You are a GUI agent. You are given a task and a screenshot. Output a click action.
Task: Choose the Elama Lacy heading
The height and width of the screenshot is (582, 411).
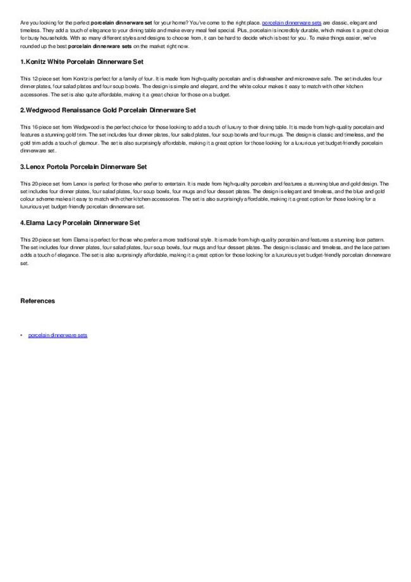click(x=80, y=223)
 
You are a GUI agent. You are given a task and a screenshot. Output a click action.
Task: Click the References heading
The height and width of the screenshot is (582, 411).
click(x=37, y=300)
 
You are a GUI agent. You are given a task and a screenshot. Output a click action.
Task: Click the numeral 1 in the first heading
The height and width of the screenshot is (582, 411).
click(x=22, y=62)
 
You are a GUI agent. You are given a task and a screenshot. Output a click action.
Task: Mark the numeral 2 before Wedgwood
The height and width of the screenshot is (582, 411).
click(x=22, y=110)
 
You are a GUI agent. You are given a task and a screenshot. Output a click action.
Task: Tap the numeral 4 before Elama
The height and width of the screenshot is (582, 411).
click(x=22, y=223)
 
